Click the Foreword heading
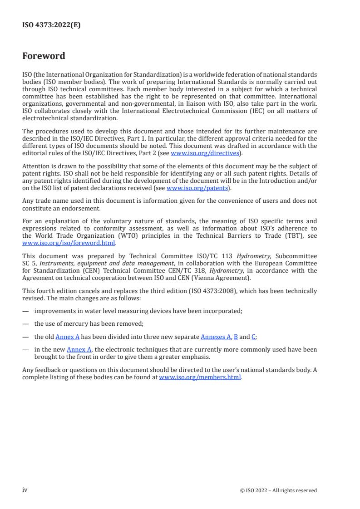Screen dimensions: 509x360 [44, 56]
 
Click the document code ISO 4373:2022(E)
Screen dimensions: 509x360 [51, 25]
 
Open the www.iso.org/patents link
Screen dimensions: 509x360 [198, 188]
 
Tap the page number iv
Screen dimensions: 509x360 [25, 490]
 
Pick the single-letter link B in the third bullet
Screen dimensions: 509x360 [236, 337]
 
